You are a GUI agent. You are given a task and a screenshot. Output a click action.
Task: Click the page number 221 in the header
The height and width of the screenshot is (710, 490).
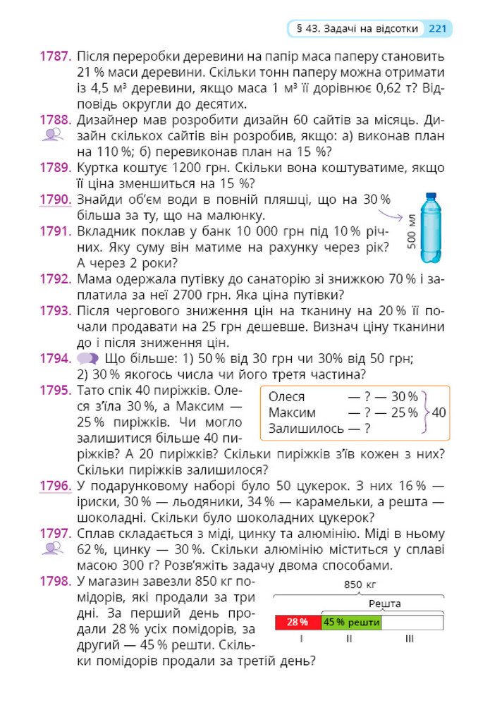tap(437, 29)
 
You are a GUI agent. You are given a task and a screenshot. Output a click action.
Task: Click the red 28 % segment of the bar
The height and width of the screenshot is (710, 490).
tap(298, 622)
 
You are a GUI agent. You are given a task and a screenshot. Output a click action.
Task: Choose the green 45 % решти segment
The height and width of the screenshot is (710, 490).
tap(351, 622)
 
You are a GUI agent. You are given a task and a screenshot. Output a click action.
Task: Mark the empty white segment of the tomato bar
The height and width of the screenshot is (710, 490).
tap(412, 622)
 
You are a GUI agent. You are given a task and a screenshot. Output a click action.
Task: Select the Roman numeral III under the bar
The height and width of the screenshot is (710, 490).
tap(410, 639)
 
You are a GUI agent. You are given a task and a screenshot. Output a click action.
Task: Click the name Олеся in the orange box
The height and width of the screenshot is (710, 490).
tap(287, 397)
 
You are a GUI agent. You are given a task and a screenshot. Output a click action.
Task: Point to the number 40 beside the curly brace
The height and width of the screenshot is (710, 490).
tap(439, 412)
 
